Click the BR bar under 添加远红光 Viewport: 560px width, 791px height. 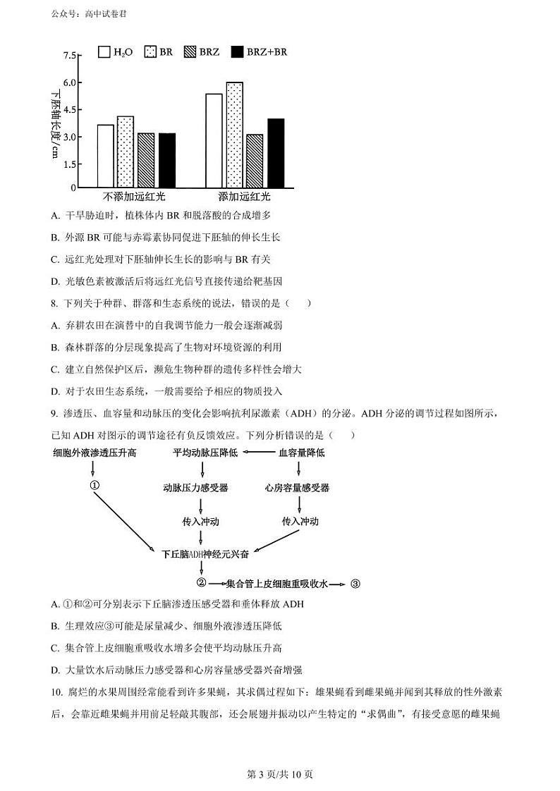[235, 135]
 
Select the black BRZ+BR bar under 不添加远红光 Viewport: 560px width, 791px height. [167, 160]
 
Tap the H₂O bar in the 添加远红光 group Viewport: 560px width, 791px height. [214, 140]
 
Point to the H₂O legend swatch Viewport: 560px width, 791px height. [104, 51]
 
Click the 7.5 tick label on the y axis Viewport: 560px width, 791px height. [69, 56]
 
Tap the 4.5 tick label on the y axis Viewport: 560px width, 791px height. [69, 110]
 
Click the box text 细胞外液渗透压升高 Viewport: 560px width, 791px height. [95, 453]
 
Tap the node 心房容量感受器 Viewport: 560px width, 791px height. [297, 488]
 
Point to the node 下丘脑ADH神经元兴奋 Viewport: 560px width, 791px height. [205, 555]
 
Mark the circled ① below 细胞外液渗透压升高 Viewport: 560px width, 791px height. [94, 486]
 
